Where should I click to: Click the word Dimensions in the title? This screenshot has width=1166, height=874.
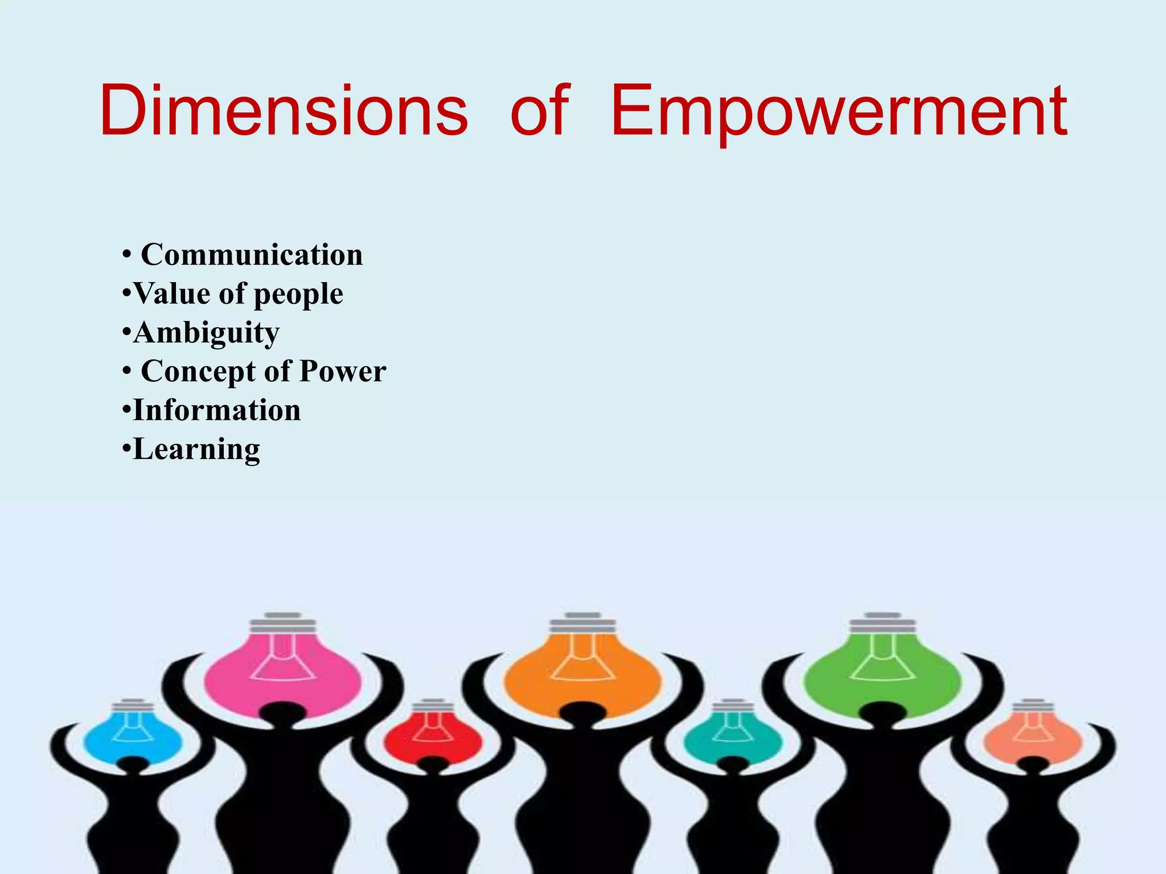[x=283, y=111]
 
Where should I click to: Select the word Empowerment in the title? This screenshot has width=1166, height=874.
[x=839, y=112]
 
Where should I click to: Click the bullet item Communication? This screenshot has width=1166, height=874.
[x=251, y=254]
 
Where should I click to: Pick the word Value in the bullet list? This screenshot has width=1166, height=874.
[x=171, y=294]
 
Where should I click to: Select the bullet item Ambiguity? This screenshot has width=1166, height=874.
[x=206, y=332]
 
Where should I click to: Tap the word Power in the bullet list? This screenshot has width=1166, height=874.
[x=343, y=371]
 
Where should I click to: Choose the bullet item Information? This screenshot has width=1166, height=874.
[x=216, y=410]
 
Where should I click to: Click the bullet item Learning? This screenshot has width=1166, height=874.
[x=196, y=450]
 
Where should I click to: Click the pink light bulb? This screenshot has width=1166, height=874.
[x=283, y=671]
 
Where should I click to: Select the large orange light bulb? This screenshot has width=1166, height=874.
[x=582, y=671]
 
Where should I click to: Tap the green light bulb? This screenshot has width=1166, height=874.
[x=882, y=671]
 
